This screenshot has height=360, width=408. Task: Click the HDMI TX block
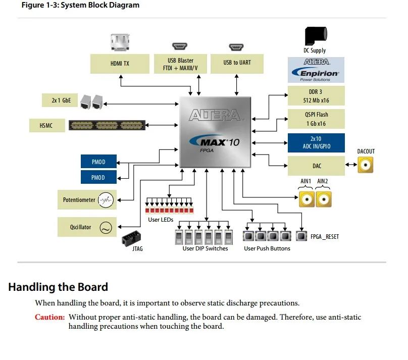120,64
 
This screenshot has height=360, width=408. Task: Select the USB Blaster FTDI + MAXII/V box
180,64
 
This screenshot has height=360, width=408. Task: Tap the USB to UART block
237,64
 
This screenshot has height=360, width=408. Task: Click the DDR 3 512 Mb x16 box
316,96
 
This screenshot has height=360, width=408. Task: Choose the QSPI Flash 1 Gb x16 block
316,119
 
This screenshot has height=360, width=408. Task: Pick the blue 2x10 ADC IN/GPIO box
316,143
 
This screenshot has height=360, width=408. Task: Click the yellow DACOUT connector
365,165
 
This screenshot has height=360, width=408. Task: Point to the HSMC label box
47,125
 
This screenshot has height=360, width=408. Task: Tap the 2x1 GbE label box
60,100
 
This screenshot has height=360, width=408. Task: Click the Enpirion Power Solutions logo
316,70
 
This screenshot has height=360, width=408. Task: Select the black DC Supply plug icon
316,36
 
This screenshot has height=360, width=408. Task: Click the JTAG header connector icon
131,238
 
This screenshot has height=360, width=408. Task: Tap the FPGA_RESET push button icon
301,236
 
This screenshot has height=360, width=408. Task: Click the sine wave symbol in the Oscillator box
106,227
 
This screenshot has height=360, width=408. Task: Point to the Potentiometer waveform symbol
106,200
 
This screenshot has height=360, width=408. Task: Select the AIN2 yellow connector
324,199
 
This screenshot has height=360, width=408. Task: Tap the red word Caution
49,317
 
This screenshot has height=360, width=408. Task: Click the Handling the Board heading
58,287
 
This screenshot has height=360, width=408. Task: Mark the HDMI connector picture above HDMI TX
120,42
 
